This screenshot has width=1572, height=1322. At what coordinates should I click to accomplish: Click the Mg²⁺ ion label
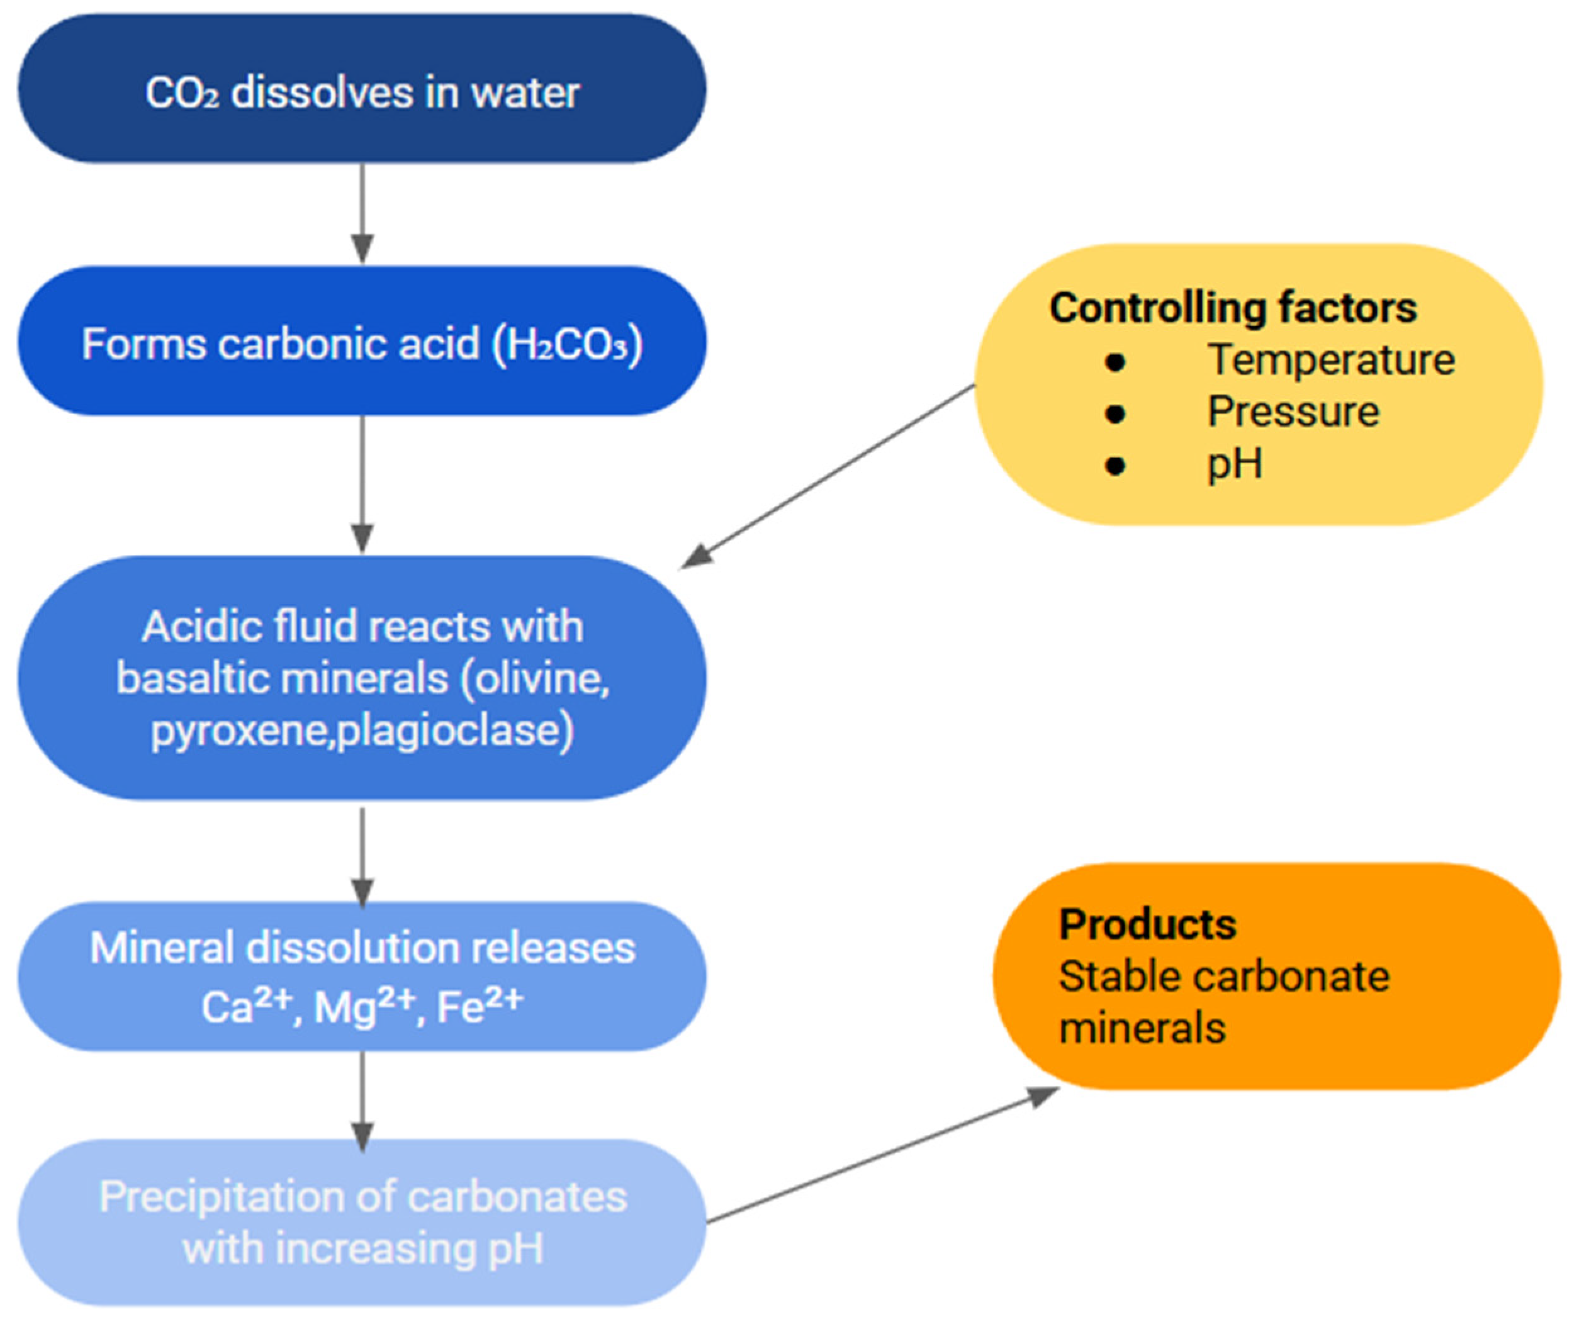coord(364,1005)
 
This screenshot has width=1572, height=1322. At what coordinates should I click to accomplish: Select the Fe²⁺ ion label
coord(480,1005)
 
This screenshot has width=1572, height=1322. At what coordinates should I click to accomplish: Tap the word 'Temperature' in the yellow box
coord(1330,360)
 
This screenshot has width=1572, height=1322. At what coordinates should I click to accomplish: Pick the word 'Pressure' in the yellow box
coord(1293,412)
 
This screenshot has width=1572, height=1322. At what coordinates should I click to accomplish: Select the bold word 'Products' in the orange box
coord(1147,924)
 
